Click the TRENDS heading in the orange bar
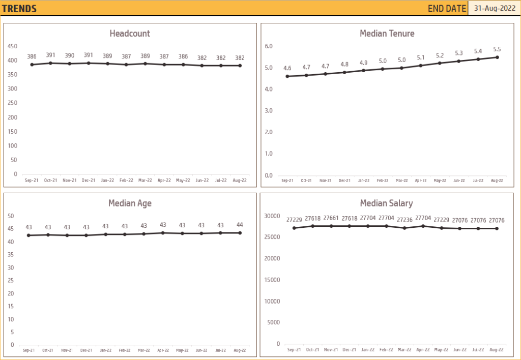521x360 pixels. click(19, 9)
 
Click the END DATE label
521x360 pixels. click(447, 8)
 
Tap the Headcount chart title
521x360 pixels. click(130, 34)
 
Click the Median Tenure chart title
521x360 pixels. click(387, 34)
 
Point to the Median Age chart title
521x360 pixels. click(130, 203)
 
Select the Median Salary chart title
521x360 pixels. click(386, 203)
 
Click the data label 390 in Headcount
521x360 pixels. click(69, 55)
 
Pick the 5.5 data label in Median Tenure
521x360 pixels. click(497, 49)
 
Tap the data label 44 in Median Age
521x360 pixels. click(240, 225)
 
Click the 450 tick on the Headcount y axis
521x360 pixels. click(12, 46)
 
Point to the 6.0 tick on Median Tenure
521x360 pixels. click(269, 46)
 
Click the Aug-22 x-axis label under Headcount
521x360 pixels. click(240, 180)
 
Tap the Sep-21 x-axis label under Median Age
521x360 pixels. click(29, 350)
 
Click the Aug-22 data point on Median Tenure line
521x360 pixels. click(497, 57)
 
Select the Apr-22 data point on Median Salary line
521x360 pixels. click(423, 226)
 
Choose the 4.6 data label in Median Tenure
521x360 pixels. click(287, 68)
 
